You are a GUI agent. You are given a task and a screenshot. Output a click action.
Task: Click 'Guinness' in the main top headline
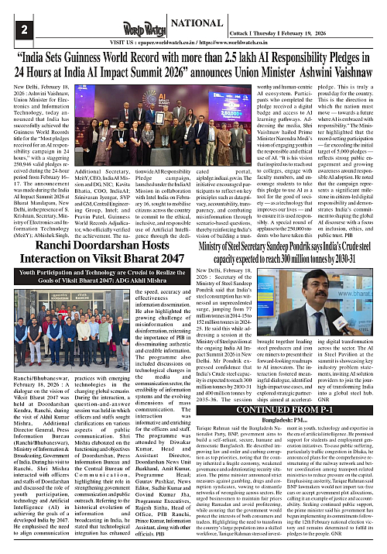coord(117,56)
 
